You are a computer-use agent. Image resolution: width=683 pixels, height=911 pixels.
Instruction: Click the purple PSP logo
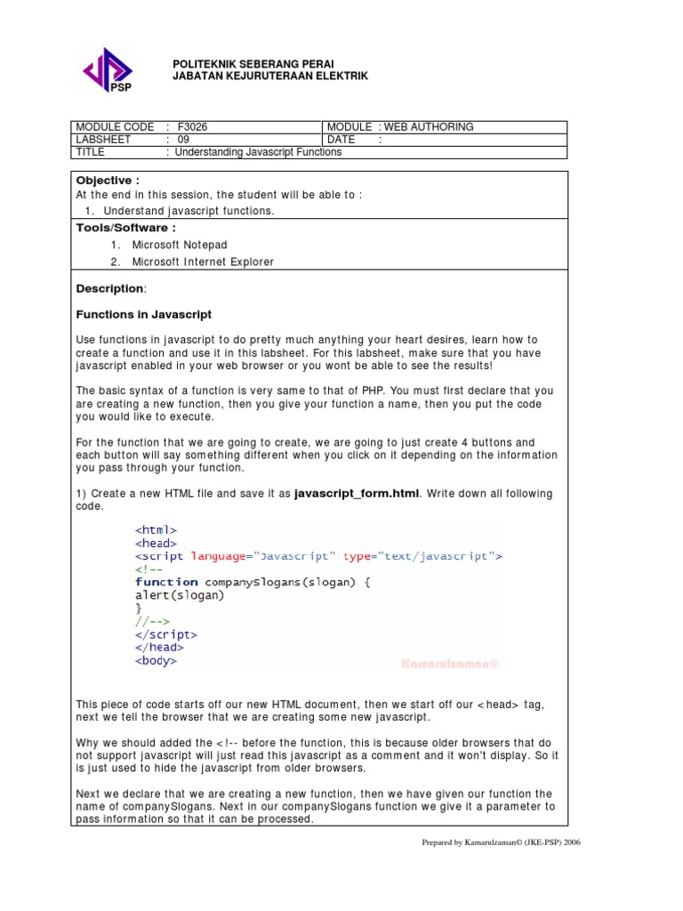[107, 70]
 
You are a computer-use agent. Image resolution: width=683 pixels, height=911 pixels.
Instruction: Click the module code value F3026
[192, 127]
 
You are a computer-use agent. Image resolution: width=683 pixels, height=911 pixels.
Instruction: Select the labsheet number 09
[183, 140]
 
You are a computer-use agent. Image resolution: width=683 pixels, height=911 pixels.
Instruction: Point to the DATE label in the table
[341, 140]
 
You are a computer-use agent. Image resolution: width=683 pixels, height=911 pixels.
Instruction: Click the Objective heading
[108, 181]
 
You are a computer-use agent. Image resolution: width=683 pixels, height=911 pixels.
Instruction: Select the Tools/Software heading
[125, 228]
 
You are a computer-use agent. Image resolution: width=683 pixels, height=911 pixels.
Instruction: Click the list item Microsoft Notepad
[180, 245]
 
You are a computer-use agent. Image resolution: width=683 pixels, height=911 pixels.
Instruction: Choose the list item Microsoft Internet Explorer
[203, 262]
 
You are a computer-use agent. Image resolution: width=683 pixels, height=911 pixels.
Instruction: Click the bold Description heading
[109, 289]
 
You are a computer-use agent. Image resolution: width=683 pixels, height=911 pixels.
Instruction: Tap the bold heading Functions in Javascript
[143, 315]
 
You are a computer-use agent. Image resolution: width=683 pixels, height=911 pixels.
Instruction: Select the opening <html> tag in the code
[156, 530]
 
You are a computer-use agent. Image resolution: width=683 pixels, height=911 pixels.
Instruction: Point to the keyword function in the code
[166, 583]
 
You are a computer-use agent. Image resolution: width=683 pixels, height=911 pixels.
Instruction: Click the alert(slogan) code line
[180, 595]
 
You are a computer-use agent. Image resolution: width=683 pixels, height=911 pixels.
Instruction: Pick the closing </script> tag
[166, 635]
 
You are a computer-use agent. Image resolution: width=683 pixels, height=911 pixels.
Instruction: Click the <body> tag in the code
[156, 661]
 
